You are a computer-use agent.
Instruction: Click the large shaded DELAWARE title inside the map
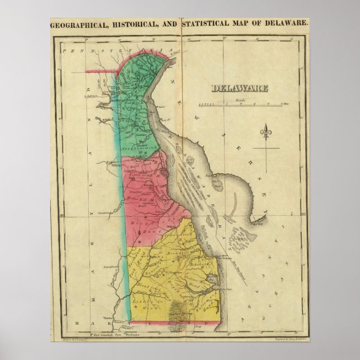pyautogui.click(x=239, y=88)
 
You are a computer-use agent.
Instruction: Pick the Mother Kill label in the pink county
pyautogui.click(x=142, y=199)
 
